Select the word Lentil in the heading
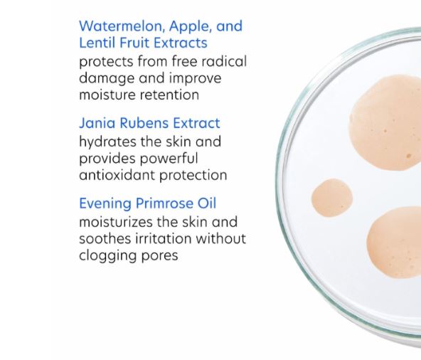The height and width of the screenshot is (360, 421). pos(97,43)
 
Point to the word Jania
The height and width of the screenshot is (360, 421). pos(97,123)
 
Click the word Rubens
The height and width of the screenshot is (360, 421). pos(144,123)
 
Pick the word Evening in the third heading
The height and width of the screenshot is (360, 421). pos(105,204)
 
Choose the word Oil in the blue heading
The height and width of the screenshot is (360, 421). pos(207,203)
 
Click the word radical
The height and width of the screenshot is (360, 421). pos(224,61)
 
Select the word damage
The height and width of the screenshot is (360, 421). pos(107,79)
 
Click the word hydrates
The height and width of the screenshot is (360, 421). pos(107,142)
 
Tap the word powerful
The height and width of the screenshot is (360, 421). pos(169,159)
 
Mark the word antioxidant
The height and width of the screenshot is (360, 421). pos(117,175)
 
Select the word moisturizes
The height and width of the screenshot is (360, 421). pos(116,223)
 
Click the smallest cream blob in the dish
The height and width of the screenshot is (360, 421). pos(332,198)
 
